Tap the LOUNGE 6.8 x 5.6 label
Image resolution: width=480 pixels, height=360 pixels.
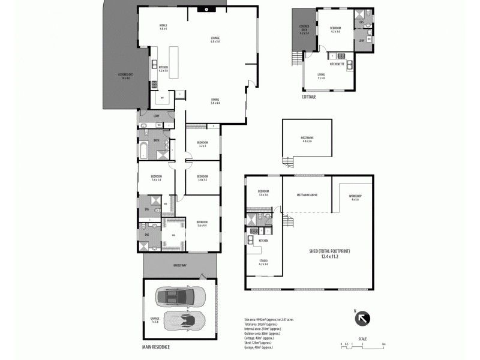coord(215,40)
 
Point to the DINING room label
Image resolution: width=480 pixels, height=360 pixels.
coord(215,101)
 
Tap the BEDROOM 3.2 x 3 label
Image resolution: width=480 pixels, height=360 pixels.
coord(202,144)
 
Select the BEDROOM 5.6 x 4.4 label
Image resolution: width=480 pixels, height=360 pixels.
coord(202,223)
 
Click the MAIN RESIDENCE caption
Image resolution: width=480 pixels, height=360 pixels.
coord(157,347)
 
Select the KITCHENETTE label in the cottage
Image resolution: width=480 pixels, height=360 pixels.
coord(337,64)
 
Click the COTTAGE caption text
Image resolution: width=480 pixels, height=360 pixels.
coord(309,96)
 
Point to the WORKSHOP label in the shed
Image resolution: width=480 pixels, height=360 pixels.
coord(355,197)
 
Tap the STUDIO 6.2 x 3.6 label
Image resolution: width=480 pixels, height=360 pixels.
coord(263,262)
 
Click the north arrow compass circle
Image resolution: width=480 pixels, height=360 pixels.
coord(364,319)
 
